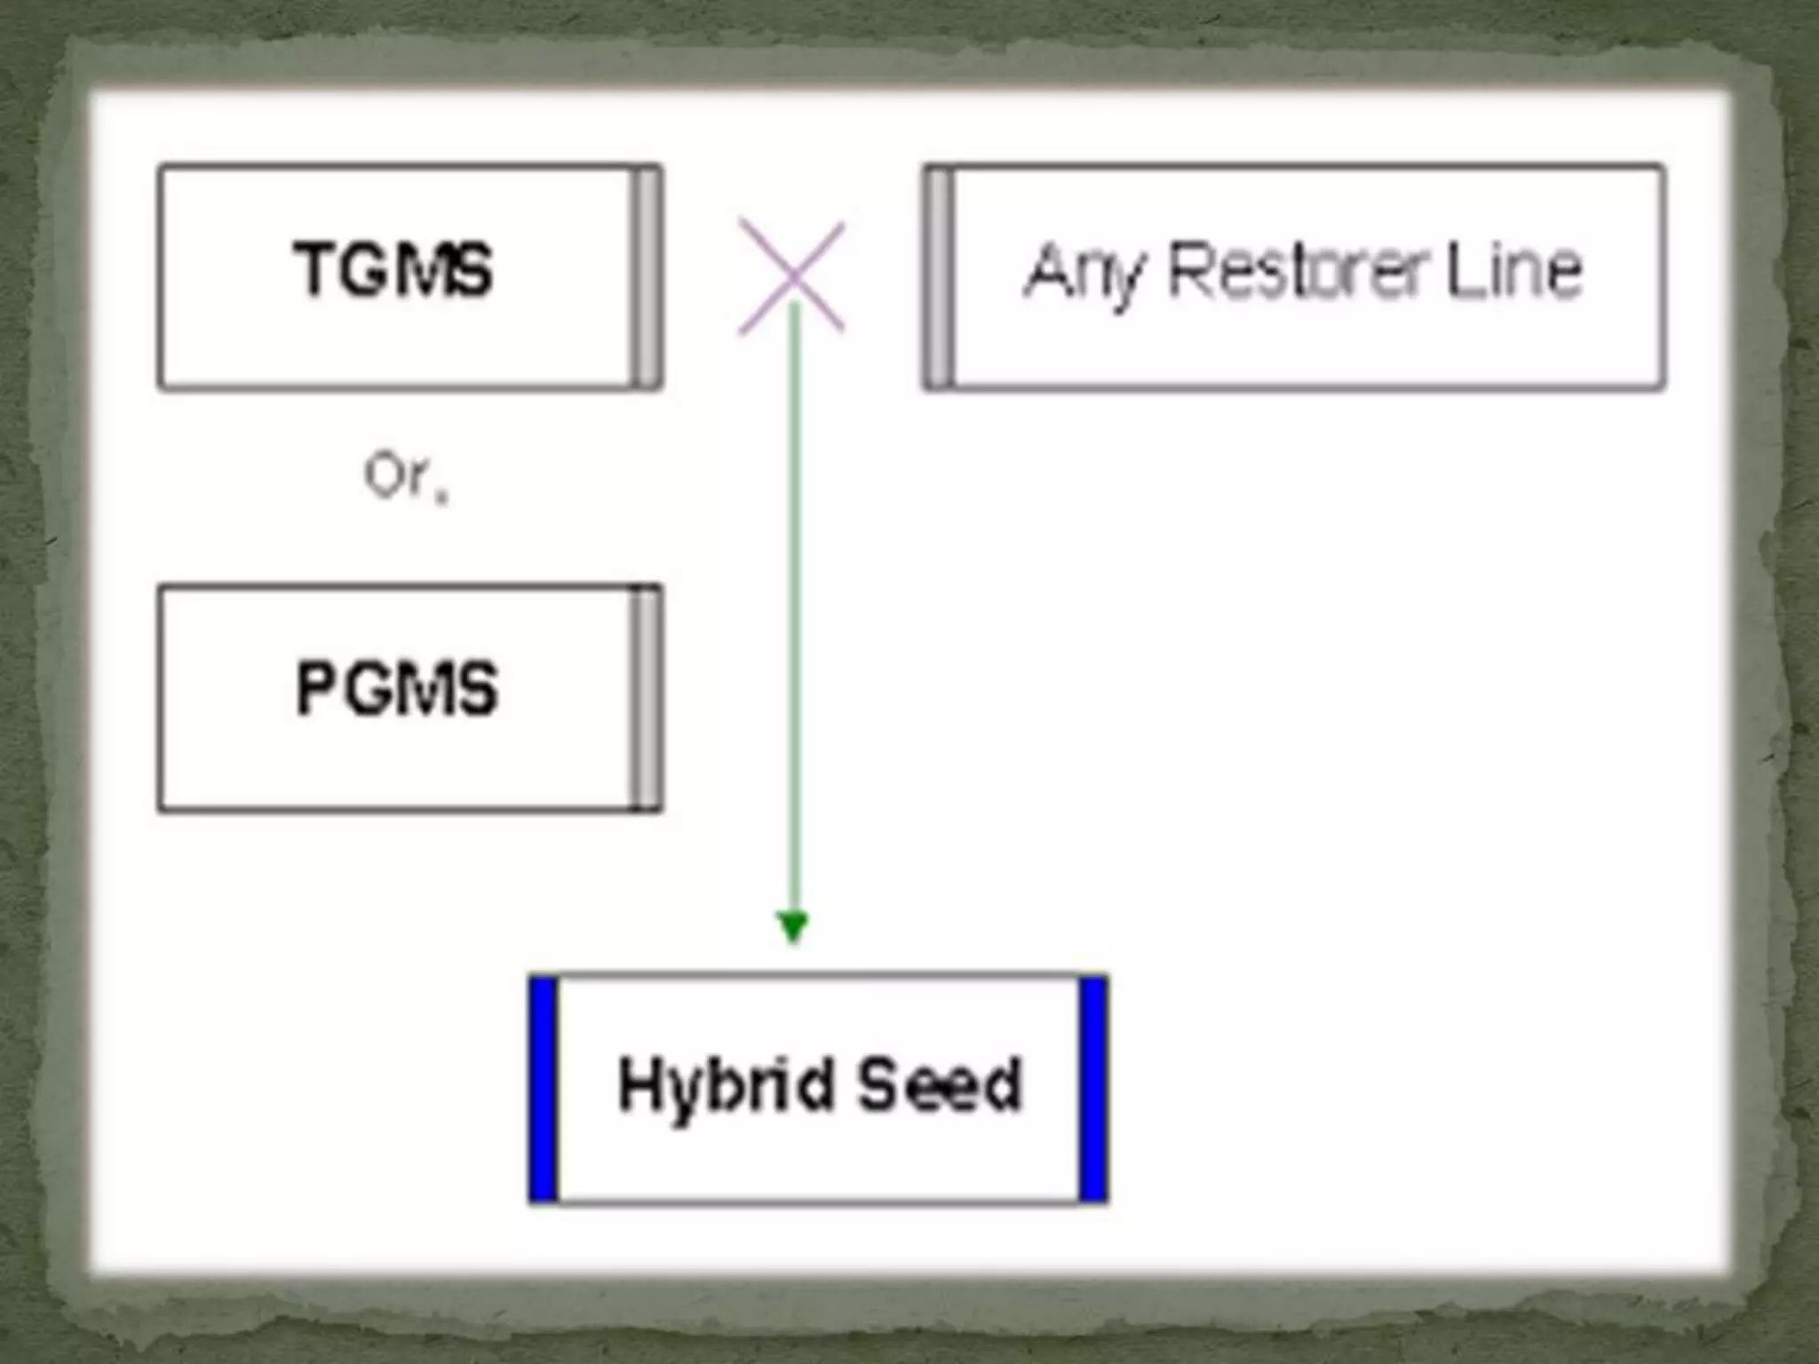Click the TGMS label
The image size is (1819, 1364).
393,269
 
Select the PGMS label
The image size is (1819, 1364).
397,688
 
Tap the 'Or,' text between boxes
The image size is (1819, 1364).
405,477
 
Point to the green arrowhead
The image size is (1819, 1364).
792,925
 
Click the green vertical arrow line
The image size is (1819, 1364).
794,622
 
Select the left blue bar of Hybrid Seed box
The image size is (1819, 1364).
544,1089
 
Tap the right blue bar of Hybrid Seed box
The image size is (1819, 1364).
1093,1089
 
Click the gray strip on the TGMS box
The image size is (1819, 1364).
647,276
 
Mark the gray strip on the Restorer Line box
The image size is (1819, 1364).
939,276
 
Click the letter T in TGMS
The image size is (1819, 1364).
313,269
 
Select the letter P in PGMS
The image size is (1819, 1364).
314,688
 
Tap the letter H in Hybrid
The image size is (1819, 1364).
638,1083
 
